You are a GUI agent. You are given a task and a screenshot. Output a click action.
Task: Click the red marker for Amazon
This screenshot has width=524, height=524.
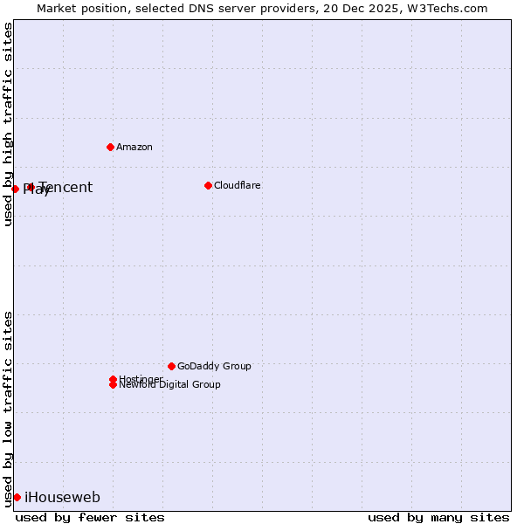(110, 147)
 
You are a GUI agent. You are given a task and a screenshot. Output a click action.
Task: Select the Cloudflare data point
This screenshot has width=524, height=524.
(208, 185)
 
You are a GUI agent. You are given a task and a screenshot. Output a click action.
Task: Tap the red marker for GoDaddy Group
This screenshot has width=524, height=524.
(171, 366)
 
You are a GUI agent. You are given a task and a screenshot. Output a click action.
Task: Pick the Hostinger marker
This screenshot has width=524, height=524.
(113, 379)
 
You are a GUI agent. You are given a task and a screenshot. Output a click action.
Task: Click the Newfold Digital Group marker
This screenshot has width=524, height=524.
(113, 385)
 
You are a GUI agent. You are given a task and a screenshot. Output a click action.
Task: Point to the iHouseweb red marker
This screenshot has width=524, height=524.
(17, 497)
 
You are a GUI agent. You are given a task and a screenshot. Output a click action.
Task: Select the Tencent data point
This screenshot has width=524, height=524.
(31, 187)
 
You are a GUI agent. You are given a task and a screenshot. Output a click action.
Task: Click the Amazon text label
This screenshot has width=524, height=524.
(134, 147)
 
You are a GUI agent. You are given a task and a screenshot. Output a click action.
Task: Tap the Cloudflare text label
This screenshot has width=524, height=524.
(237, 185)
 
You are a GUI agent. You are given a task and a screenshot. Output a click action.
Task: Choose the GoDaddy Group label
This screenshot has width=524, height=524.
(214, 366)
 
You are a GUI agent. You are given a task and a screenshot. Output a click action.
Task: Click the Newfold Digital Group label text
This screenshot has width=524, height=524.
(169, 385)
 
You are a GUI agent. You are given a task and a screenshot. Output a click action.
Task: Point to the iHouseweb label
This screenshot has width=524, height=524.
(62, 498)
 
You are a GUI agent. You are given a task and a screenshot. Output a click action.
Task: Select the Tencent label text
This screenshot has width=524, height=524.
(65, 188)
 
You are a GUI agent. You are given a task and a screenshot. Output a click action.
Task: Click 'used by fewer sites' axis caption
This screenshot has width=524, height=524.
(90, 517)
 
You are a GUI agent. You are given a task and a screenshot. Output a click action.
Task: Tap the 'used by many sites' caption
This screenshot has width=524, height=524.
(438, 517)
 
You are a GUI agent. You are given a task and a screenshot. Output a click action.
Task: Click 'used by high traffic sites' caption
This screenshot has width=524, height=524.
(9, 125)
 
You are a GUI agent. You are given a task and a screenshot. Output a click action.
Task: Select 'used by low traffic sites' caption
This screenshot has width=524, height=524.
(9, 408)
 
